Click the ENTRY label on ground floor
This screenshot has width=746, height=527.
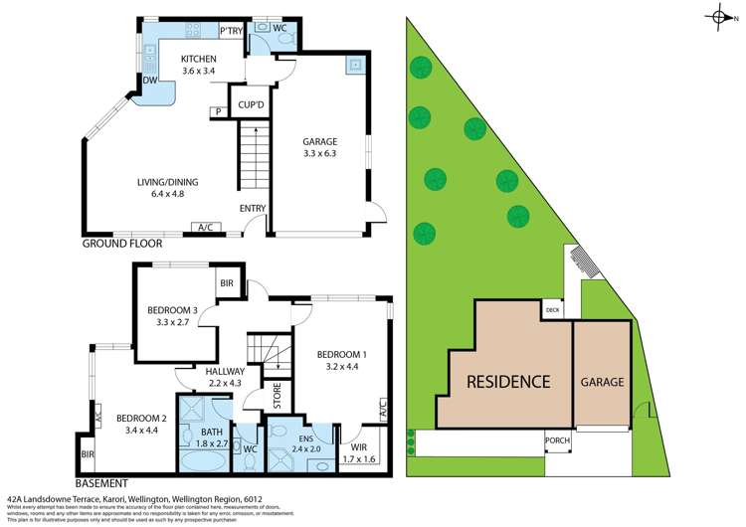point(253,208)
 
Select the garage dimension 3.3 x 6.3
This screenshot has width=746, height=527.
point(319,155)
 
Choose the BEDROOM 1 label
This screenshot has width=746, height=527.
point(341,354)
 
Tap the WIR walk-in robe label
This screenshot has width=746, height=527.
point(352,434)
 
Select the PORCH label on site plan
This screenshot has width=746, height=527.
point(557,439)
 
